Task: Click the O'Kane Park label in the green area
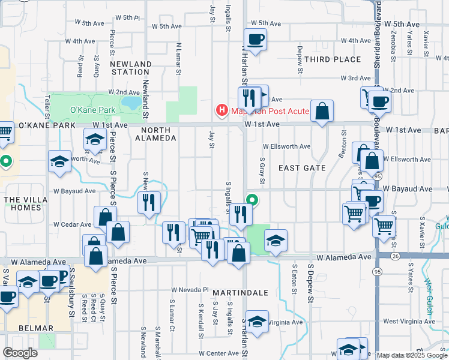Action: point(92,110)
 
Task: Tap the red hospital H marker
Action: point(221,110)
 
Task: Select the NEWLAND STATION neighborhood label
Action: point(131,68)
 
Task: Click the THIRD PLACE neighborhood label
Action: point(333,59)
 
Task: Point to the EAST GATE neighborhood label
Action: point(301,169)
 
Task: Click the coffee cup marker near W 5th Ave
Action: point(256,40)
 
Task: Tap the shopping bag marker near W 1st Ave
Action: point(322,111)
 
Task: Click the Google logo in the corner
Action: point(20,353)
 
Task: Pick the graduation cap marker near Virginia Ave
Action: point(257,321)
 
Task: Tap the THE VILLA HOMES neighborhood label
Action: point(22,203)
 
